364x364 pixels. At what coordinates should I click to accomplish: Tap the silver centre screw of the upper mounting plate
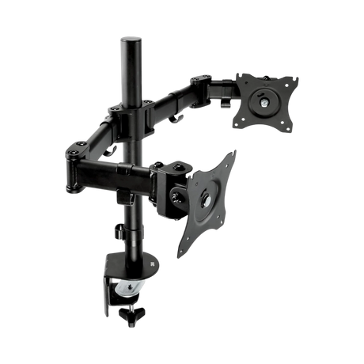[262, 101]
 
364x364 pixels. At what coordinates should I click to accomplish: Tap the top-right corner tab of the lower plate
[234, 154]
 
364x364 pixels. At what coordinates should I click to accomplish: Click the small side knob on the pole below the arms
[117, 232]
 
